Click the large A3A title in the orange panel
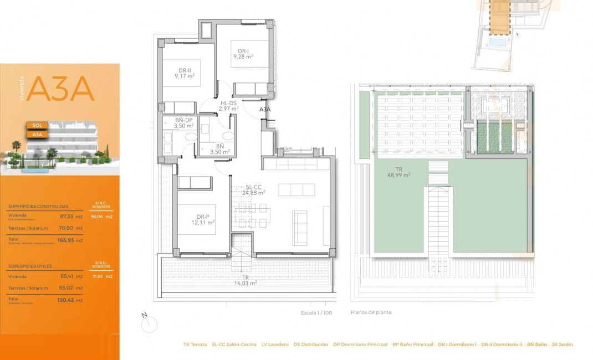60,89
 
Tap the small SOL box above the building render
37,125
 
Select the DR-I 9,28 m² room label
243,54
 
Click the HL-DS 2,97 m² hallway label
228,106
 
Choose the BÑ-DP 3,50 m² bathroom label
183,123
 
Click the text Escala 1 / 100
316,313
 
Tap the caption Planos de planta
371,312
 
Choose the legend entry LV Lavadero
275,344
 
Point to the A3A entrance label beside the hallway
265,110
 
